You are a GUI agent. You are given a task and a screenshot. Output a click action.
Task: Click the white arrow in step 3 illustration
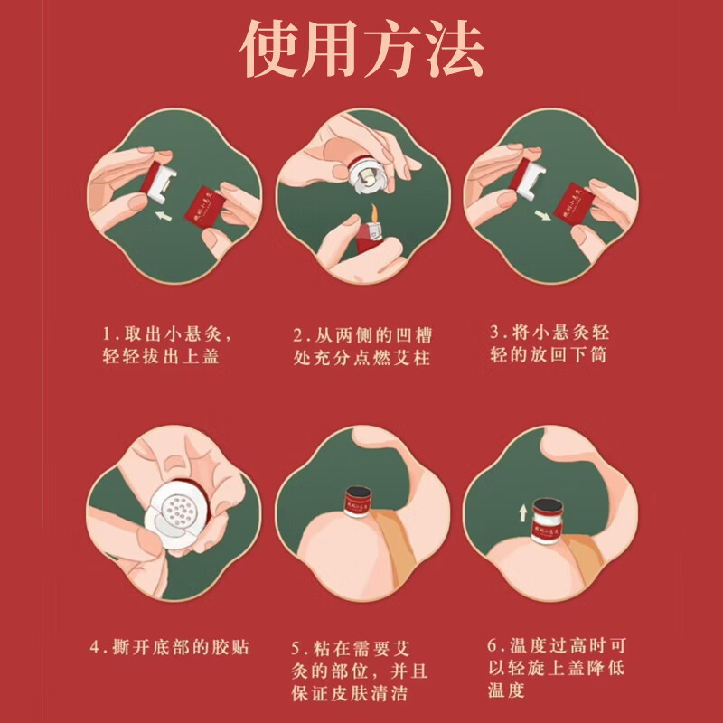pos(541,215)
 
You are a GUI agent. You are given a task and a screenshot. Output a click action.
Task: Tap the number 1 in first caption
pos(106,331)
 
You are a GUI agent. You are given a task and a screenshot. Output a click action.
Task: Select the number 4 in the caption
pos(95,647)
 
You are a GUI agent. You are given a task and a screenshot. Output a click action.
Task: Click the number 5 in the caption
pos(297,647)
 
